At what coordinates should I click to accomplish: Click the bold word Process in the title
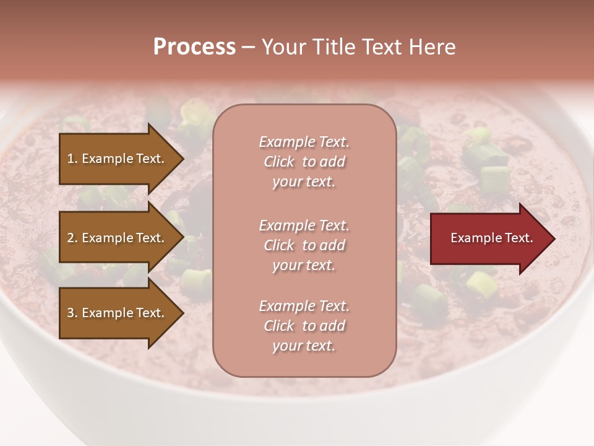point(194,47)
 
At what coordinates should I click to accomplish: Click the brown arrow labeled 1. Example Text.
point(118,159)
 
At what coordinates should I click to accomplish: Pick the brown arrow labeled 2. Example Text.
point(118,238)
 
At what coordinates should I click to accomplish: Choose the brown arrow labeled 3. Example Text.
point(118,313)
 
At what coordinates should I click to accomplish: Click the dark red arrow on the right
point(489,238)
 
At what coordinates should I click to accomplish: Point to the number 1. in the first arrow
point(72,159)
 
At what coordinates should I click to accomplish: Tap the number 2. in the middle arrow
point(72,238)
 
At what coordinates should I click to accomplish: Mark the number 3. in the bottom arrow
point(72,313)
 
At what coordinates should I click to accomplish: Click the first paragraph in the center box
point(304,162)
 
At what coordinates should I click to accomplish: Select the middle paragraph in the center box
point(304,245)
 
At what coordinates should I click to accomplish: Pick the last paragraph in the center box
point(304,326)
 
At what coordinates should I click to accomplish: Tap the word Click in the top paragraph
point(278,162)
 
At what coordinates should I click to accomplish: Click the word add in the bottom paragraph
point(332,326)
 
